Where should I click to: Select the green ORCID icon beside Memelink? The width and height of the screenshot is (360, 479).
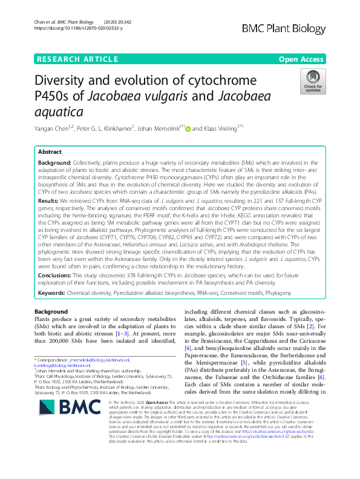[x=188, y=128]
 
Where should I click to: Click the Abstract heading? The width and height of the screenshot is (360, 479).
[x=50, y=152]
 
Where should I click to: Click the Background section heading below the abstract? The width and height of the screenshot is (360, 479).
[x=51, y=311]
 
